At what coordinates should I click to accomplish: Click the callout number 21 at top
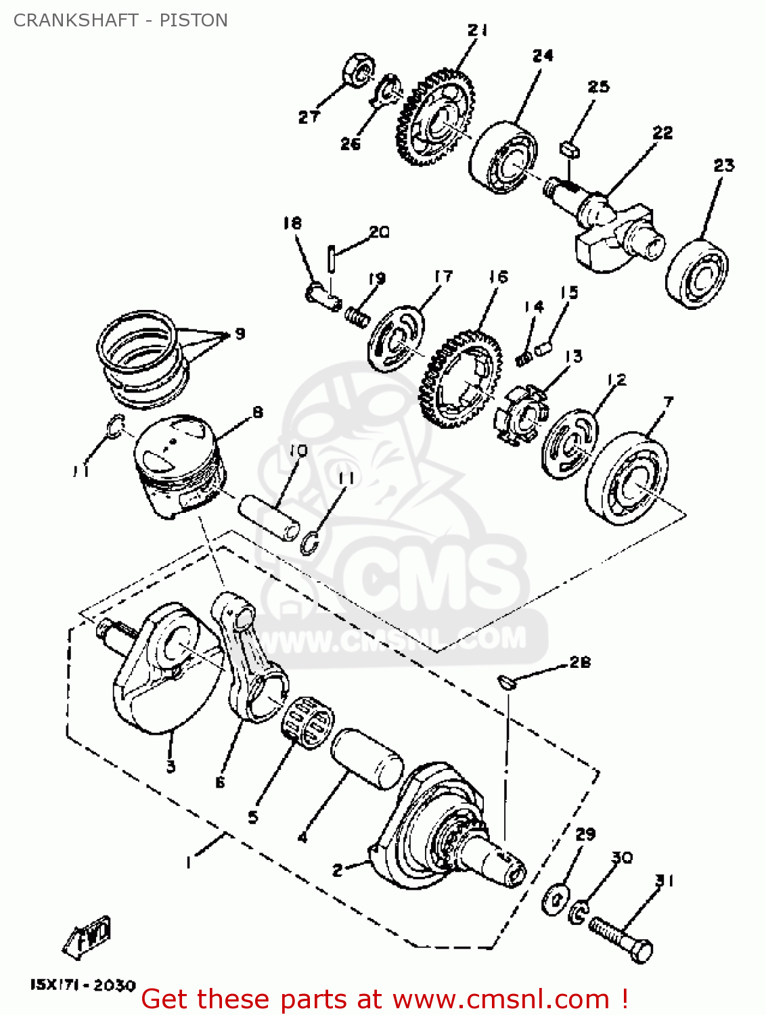[477, 30]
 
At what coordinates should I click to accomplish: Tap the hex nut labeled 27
[357, 70]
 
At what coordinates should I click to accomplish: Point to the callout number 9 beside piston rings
[240, 334]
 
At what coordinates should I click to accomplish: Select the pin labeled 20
[331, 258]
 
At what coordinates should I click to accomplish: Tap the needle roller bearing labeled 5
[307, 722]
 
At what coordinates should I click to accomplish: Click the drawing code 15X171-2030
[83, 985]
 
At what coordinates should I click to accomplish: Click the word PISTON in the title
[194, 20]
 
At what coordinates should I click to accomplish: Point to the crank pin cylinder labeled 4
[367, 758]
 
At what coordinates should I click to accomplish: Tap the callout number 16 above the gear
[498, 277]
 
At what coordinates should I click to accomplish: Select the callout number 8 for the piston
[257, 412]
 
